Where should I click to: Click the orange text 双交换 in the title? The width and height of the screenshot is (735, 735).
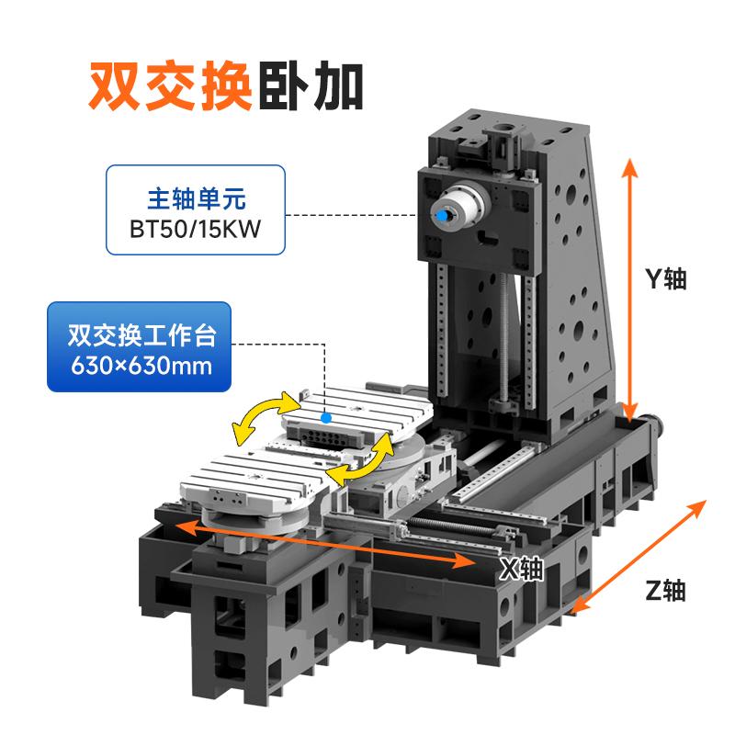pyautogui.click(x=171, y=86)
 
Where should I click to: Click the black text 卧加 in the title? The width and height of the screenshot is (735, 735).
pyautogui.click(x=311, y=86)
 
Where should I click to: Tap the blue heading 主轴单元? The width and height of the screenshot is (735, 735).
pyautogui.click(x=196, y=198)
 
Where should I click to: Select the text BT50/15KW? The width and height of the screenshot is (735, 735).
pyautogui.click(x=195, y=229)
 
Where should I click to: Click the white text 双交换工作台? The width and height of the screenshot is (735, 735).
pyautogui.click(x=141, y=334)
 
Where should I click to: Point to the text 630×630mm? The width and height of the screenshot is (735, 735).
pyautogui.click(x=141, y=366)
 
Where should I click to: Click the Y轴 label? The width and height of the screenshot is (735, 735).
pyautogui.click(x=665, y=279)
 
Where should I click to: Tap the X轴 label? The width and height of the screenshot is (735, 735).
pyautogui.click(x=521, y=569)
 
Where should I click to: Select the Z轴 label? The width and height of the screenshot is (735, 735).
pyautogui.click(x=665, y=590)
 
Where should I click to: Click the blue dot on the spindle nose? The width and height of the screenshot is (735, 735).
pyautogui.click(x=442, y=216)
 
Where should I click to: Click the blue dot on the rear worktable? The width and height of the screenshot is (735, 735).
pyautogui.click(x=326, y=418)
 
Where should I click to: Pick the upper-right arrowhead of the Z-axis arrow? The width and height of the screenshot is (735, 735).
pyautogui.click(x=697, y=508)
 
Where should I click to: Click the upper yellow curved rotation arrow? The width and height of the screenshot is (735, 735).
pyautogui.click(x=264, y=417)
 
